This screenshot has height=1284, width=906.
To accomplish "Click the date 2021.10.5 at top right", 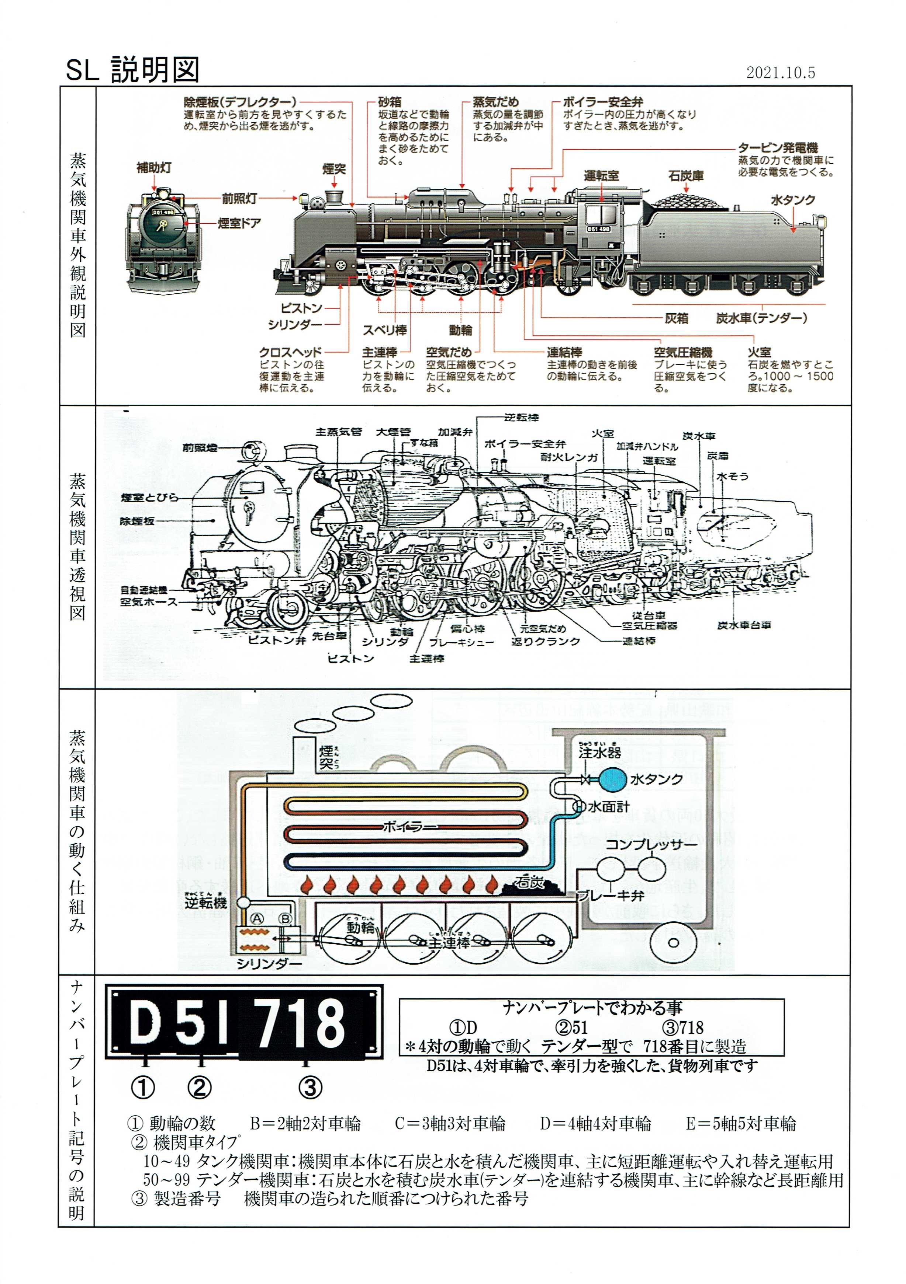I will coord(780,73).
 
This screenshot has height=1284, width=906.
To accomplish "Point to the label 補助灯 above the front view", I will coord(154,168).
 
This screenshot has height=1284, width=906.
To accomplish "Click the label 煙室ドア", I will coord(239,223).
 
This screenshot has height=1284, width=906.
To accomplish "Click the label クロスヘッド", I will coord(290,352).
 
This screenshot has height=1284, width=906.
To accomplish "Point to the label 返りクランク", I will coord(545,641).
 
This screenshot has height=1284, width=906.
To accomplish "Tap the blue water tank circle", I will coord(612,779).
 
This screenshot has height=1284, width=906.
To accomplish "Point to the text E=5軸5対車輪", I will coord(740,1123).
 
